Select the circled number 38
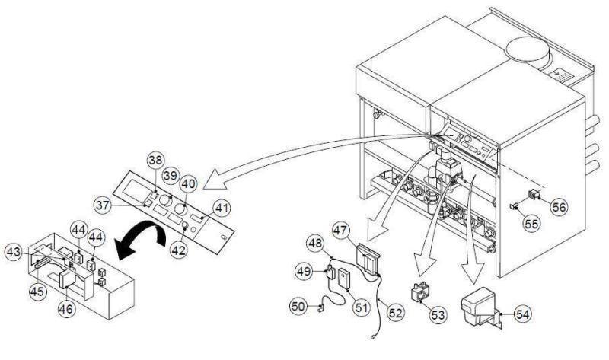[156, 162]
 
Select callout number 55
[533, 226]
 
